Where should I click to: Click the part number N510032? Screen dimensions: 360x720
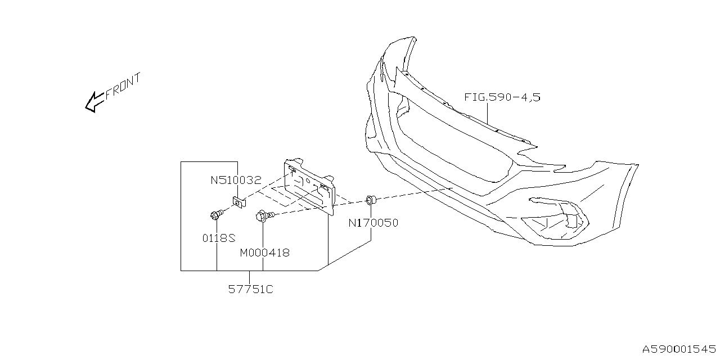[x=236, y=181]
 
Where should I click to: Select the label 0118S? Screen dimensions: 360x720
[x=218, y=238]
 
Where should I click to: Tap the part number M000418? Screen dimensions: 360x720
[x=264, y=253]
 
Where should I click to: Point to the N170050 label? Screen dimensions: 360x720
[x=373, y=223]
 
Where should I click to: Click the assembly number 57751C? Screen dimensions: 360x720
[x=250, y=289]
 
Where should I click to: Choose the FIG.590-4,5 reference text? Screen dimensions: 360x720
[x=502, y=97]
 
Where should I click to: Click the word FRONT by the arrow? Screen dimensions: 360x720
[x=123, y=85]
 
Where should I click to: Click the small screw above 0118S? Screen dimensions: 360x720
[x=216, y=214]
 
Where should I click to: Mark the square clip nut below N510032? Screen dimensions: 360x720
[x=239, y=202]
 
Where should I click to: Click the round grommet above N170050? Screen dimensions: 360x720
[x=371, y=199]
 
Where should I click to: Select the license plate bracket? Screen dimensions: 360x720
[x=309, y=186]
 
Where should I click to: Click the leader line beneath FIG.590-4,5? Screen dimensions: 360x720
[x=487, y=112]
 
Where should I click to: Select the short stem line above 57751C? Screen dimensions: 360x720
[x=250, y=276]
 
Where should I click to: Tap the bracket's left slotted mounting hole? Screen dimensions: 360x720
[x=293, y=168]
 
